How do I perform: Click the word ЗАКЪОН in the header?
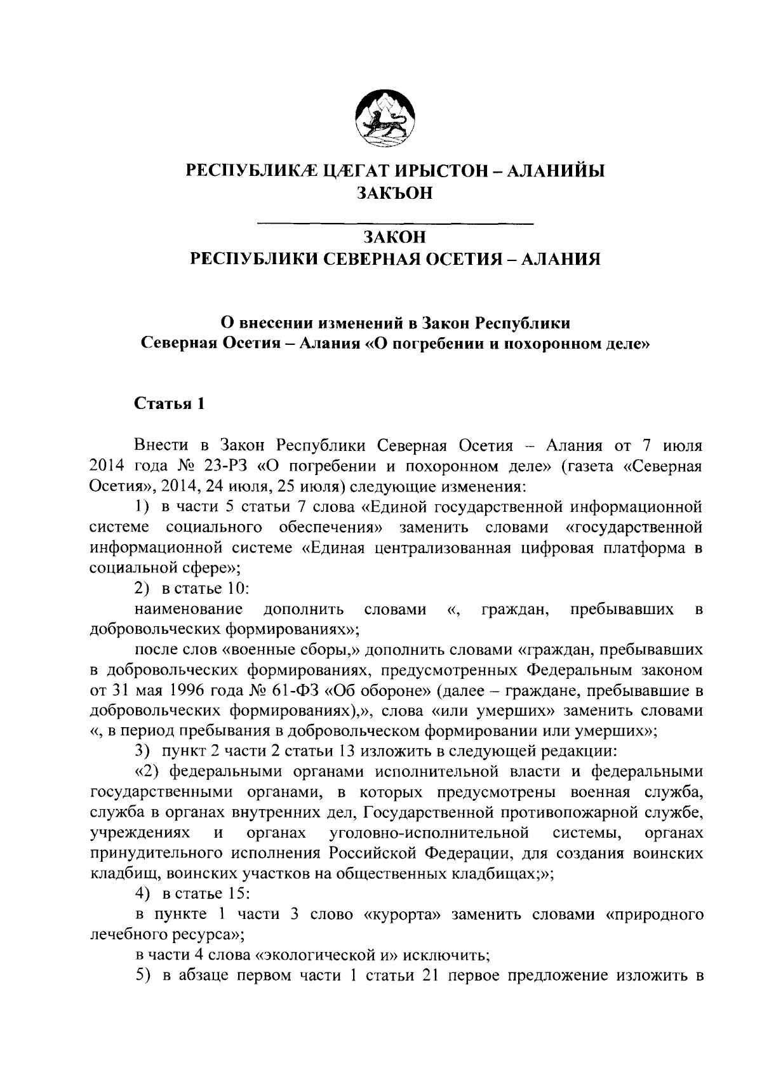coord(394,193)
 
